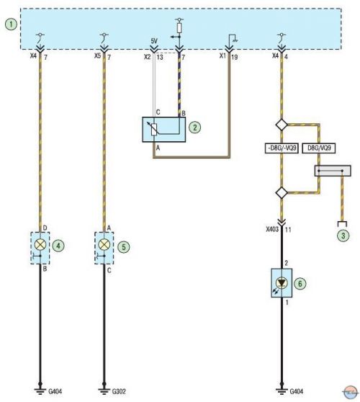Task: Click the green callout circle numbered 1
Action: (11, 24)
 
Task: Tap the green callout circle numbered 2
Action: (194, 128)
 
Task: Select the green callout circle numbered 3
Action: (343, 235)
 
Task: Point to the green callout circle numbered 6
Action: (300, 284)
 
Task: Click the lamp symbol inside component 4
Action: (40, 244)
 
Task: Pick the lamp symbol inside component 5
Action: (104, 244)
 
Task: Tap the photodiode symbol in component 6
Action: (282, 283)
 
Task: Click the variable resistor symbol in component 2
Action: (154, 129)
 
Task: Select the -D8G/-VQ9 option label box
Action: (282, 148)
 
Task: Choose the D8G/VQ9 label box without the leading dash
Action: (319, 148)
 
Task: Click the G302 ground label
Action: (119, 391)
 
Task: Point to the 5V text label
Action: (154, 41)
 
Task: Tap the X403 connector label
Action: (272, 229)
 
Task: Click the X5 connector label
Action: (97, 56)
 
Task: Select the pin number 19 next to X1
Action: (234, 57)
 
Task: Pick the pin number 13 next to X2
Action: (160, 57)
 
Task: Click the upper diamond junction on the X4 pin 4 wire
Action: (282, 125)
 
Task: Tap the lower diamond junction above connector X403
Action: (282, 192)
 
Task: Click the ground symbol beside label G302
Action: (104, 391)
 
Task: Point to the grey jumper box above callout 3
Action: (333, 171)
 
